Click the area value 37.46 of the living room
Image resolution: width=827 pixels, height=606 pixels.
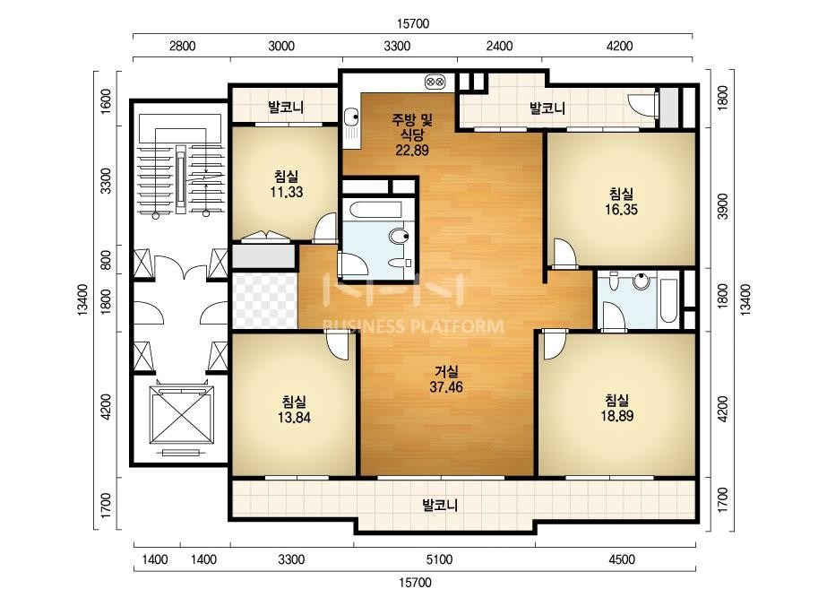tap(446, 387)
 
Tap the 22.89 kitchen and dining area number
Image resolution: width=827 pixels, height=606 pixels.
tap(412, 151)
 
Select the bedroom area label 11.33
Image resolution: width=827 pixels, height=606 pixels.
tap(287, 192)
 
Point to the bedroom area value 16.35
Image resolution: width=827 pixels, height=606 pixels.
tap(621, 210)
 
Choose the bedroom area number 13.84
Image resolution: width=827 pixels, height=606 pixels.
tap(294, 418)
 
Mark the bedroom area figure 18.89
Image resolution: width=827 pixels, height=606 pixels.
tap(617, 416)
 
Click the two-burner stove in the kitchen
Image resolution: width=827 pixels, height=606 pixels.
tap(435, 82)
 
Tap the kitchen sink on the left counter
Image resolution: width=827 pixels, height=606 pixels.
tap(351, 121)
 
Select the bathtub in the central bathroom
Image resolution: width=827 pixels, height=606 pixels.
tap(375, 211)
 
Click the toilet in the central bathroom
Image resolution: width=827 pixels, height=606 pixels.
tap(399, 237)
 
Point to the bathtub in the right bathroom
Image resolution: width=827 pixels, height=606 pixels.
tap(668, 299)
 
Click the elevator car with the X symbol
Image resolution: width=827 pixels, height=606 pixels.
tap(182, 414)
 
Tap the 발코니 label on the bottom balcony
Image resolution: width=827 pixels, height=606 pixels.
tap(440, 506)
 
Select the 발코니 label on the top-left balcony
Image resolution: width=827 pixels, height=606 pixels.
tap(286, 108)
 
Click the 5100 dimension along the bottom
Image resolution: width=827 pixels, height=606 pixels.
tap(439, 559)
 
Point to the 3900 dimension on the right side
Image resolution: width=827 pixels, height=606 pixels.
tap(722, 206)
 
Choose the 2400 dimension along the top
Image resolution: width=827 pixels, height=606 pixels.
tap(499, 47)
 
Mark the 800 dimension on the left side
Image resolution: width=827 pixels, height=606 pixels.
tap(106, 260)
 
